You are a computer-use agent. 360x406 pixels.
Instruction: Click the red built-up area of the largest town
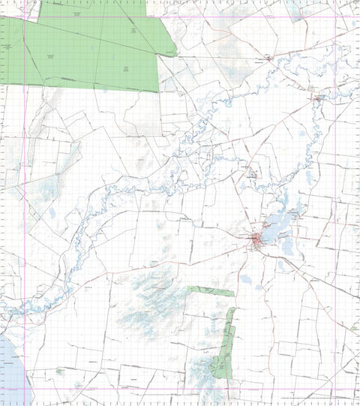tap(257, 240)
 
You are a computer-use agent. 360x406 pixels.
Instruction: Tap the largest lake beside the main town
tap(274, 225)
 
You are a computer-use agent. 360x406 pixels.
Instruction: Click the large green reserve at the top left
tap(90, 49)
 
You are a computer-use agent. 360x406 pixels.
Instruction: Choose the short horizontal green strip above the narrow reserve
tap(210, 290)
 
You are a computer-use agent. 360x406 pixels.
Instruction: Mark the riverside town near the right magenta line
tap(319, 97)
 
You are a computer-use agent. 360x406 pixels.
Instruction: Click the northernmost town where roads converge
tap(268, 57)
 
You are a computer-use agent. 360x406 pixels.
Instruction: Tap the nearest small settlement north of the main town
tap(253, 174)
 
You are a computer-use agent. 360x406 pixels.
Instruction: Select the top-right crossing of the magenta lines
tap(335, 17)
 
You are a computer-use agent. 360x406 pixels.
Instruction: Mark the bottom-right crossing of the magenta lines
tap(335, 389)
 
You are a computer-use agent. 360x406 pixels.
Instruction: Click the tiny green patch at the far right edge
tap(353, 327)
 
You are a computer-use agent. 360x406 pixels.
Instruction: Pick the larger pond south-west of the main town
tap(245, 279)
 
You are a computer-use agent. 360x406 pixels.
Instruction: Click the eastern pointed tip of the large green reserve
tap(176, 53)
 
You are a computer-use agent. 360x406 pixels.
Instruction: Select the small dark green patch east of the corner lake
tap(58, 370)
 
